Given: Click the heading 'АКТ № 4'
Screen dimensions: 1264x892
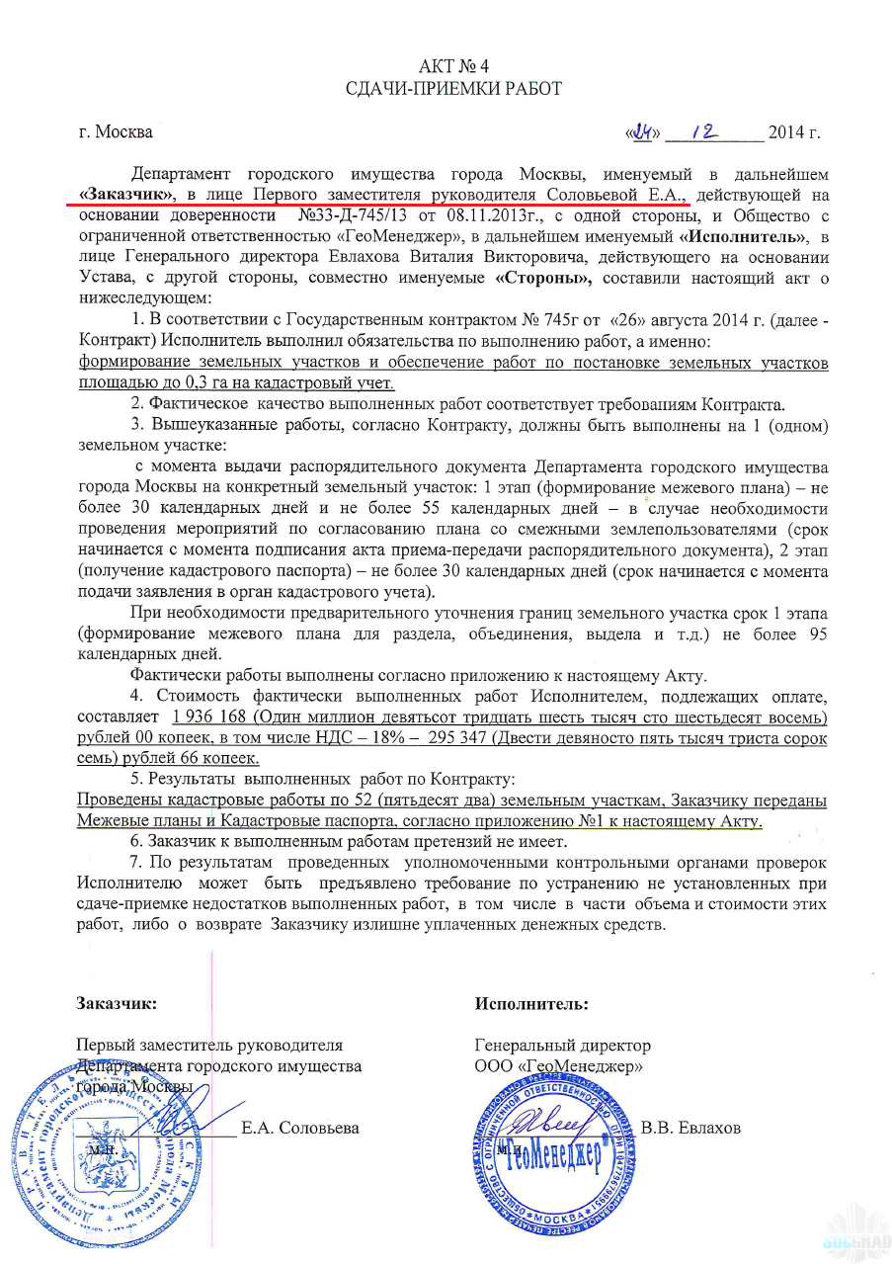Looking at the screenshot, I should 453,66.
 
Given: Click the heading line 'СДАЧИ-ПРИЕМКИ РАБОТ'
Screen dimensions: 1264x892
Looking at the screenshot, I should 453,89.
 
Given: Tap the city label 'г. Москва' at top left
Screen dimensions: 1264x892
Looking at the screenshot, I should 116,132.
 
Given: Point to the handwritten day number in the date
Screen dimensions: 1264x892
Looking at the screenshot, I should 646,131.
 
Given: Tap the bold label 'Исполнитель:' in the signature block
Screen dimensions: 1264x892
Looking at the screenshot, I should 531,1003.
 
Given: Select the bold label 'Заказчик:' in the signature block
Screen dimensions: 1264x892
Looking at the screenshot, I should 117,1003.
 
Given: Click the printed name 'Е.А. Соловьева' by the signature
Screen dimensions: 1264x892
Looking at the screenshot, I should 300,1128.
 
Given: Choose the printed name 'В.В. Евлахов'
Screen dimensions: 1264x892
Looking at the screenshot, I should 690,1128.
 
